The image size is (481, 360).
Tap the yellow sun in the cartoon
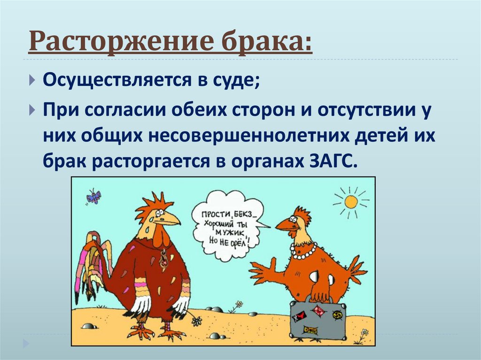tap(350, 202)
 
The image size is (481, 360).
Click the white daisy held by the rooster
tap(196, 321)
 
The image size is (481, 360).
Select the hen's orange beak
tap(284, 225)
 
